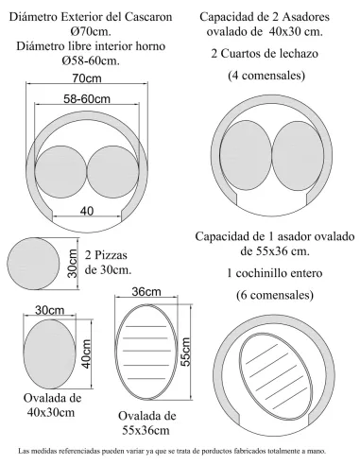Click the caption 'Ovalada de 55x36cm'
146,421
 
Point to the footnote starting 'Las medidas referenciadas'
180,452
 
